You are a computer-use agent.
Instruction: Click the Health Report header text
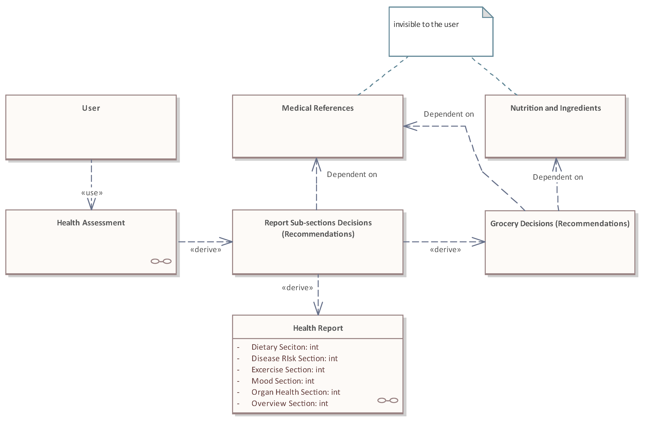(318, 328)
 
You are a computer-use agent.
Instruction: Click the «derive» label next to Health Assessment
(205, 250)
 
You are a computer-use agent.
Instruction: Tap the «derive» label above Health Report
(297, 288)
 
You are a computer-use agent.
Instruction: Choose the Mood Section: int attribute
(283, 381)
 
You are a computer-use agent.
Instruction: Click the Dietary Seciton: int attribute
(285, 347)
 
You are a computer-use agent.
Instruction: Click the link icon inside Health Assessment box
(161, 261)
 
